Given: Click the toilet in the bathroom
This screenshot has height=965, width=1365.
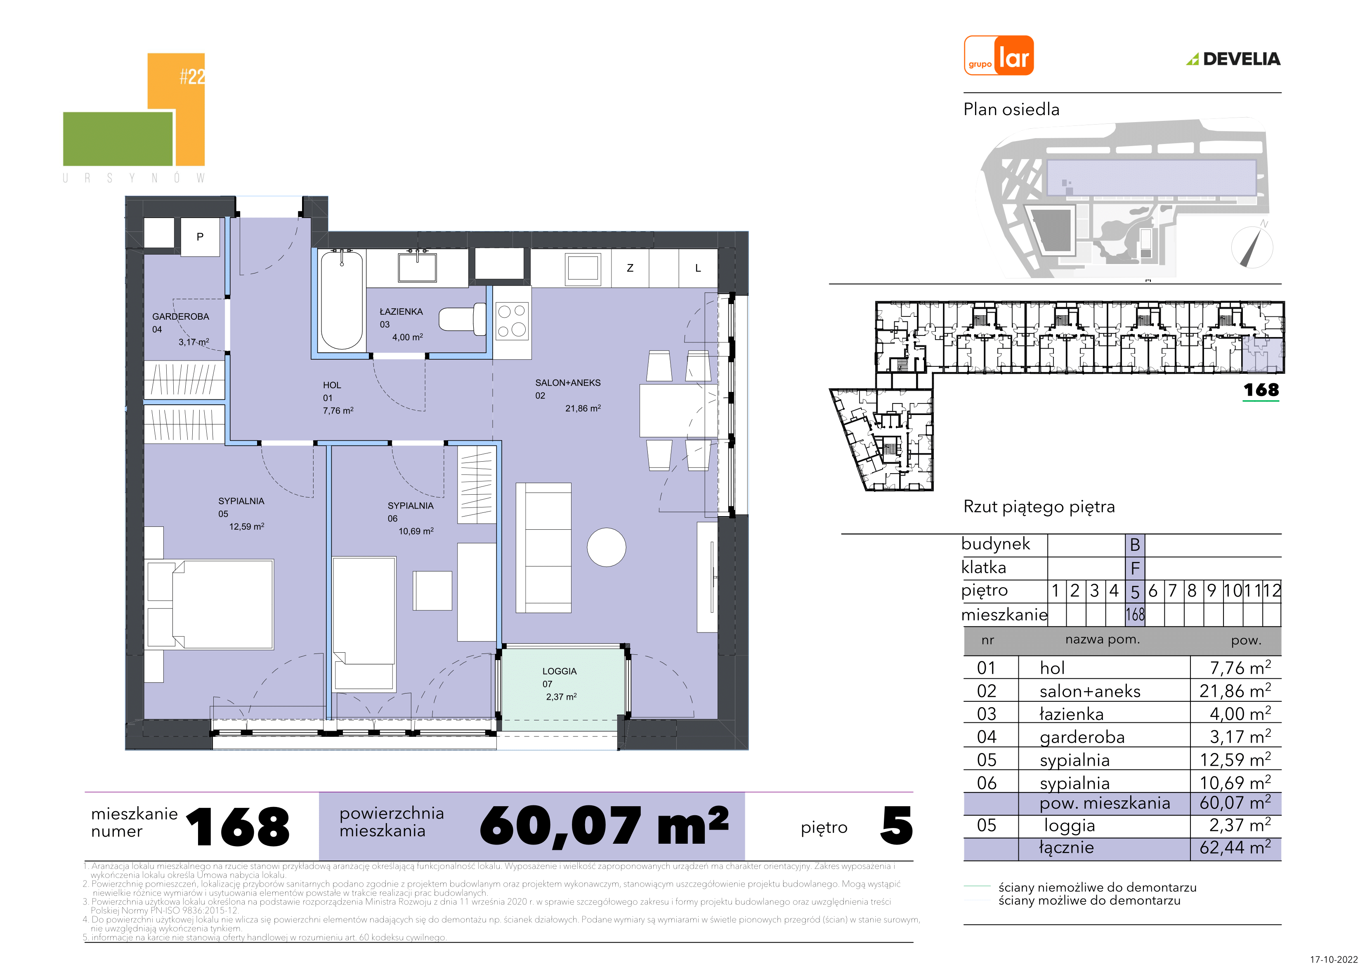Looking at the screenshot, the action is (x=463, y=319).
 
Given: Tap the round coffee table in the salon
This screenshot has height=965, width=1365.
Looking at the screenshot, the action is (x=607, y=547).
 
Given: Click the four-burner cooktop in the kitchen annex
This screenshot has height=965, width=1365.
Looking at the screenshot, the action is (x=512, y=321).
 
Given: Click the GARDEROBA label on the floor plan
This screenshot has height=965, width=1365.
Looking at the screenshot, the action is (x=181, y=316).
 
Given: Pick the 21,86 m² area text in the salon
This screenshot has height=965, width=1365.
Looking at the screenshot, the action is (x=583, y=408).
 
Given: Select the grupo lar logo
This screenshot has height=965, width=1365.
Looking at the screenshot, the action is (x=999, y=55).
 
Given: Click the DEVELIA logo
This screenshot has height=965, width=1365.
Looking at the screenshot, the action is (x=1234, y=59).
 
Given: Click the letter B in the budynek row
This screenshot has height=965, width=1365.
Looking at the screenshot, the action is (x=1135, y=545).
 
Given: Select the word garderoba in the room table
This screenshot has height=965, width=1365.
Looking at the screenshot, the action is (x=1082, y=737).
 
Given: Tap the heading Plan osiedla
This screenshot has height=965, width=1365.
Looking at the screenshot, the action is (x=1011, y=109).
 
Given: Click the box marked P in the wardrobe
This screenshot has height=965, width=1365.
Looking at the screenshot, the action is (x=200, y=237).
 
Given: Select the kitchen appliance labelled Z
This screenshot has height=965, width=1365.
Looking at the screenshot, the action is (x=630, y=268).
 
